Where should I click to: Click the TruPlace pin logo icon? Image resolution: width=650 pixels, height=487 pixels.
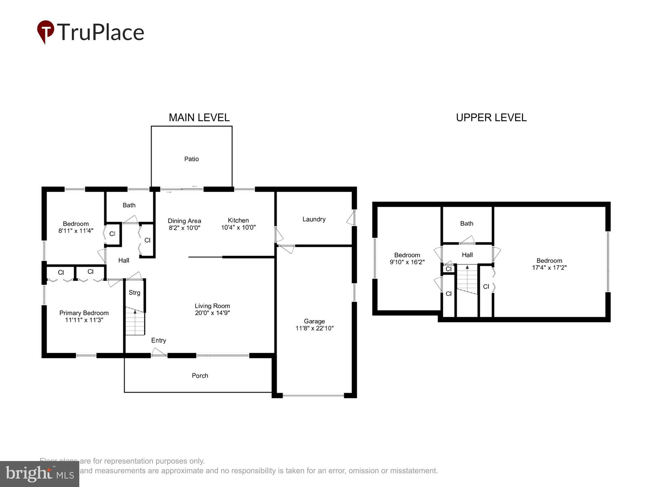click(45, 31)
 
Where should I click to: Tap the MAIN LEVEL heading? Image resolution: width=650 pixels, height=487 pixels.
click(199, 118)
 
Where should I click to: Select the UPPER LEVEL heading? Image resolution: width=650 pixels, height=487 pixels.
click(491, 118)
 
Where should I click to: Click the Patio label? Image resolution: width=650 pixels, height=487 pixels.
click(191, 159)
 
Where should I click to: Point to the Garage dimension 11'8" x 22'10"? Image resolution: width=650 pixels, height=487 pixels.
click(314, 328)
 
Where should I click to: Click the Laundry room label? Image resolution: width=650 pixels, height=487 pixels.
click(314, 219)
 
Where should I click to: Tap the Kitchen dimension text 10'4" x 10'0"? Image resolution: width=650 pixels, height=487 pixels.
click(238, 228)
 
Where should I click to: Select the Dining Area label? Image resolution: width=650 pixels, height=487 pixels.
click(184, 221)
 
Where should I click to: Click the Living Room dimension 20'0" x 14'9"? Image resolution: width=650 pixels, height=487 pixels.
click(212, 313)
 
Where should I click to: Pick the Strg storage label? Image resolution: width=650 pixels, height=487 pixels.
click(134, 293)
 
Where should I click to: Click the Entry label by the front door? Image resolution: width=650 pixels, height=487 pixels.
click(159, 340)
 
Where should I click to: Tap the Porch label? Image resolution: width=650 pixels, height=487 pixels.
click(200, 376)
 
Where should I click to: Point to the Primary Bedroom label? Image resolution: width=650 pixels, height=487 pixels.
click(84, 313)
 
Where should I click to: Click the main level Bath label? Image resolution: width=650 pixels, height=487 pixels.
click(129, 205)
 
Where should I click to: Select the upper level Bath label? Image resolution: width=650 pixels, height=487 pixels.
click(467, 223)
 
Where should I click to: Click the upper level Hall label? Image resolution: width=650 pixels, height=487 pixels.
click(467, 255)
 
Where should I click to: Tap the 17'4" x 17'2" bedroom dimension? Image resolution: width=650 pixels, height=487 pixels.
click(549, 268)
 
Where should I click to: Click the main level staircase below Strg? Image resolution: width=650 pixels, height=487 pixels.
click(135, 323)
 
